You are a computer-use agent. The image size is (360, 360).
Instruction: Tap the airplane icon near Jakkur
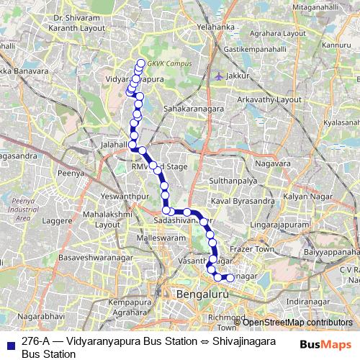[219, 75]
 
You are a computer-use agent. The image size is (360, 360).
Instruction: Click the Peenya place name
[71, 174]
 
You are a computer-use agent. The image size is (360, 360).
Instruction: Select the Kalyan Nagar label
[306, 197]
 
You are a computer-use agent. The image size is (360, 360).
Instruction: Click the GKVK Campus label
[169, 63]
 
